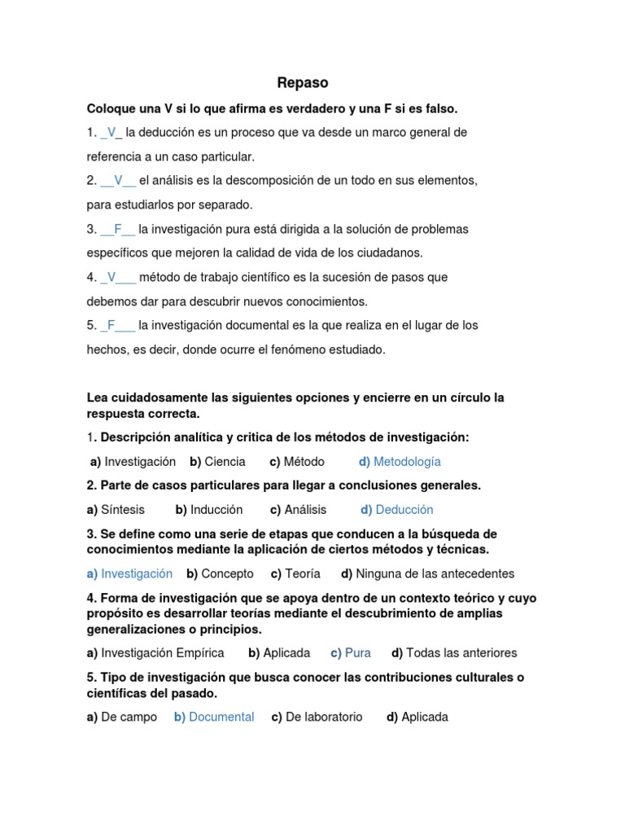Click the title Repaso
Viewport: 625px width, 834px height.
tap(302, 83)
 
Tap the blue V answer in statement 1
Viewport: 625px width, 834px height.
tap(111, 132)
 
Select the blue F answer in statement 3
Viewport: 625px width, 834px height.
tap(118, 229)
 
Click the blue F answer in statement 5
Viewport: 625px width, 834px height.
tap(111, 325)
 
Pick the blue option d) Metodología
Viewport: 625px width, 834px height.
tap(400, 462)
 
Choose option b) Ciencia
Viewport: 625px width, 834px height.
tap(217, 462)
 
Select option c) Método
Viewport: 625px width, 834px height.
tap(297, 462)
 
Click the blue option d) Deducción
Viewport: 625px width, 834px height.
tap(397, 510)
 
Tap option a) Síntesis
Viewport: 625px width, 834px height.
tap(116, 510)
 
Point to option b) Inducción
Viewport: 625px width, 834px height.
tap(209, 510)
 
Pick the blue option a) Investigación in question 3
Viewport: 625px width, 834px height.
tap(129, 573)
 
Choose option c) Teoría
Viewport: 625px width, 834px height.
tap(295, 573)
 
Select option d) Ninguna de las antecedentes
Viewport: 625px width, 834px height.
tap(428, 573)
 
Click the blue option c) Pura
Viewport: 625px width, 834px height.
tap(351, 653)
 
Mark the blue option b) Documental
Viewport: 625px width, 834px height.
tap(214, 718)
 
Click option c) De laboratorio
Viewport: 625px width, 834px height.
tap(317, 718)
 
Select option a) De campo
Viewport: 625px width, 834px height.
tap(122, 718)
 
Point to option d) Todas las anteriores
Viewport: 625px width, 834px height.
tap(454, 653)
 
